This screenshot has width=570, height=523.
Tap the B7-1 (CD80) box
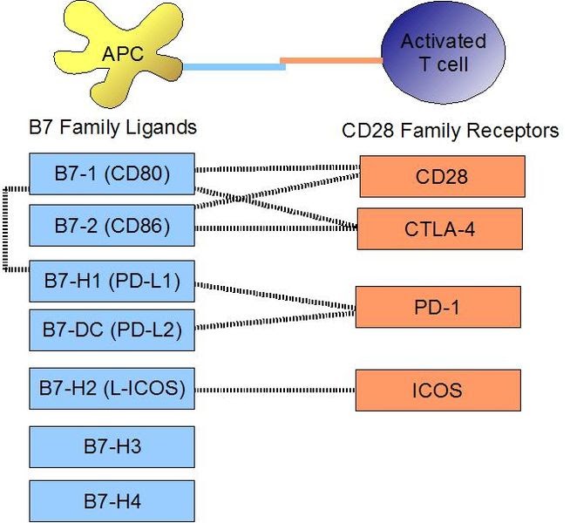point(112,174)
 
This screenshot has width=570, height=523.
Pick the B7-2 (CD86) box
point(112,226)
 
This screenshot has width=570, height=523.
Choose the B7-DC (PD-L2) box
point(112,330)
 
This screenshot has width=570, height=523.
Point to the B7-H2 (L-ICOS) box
point(112,387)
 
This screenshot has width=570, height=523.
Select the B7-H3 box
point(112,447)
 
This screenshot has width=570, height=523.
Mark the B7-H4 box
point(112,500)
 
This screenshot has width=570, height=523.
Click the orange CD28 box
point(442,177)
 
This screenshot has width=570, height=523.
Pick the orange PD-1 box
point(438,307)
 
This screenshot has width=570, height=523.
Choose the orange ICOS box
point(437,389)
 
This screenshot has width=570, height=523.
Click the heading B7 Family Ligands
point(112,128)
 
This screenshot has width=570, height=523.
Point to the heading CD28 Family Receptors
point(450,132)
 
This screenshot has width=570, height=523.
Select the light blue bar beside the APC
point(231,66)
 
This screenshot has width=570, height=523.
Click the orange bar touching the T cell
point(331,61)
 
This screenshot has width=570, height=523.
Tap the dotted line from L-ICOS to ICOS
point(274,389)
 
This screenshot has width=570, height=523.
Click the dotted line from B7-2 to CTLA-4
point(274,228)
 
